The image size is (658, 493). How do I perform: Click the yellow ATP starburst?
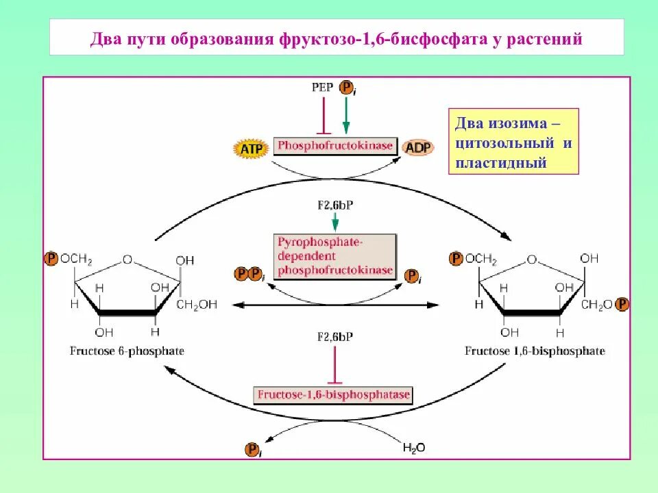tap(248, 147)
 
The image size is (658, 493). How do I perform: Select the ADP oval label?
tap(417, 148)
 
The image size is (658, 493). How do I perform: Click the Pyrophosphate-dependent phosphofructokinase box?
tap(335, 255)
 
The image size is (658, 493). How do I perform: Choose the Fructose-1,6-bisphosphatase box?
tap(333, 395)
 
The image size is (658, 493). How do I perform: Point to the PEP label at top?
tap(322, 88)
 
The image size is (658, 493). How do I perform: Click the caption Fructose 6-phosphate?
tap(127, 351)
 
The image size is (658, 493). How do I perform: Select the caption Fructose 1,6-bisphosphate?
tap(535, 351)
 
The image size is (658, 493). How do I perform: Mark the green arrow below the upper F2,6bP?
tap(335, 220)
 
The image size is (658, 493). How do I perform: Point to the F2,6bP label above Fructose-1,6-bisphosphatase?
tap(334, 337)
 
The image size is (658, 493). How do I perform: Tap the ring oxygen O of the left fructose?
tap(127, 260)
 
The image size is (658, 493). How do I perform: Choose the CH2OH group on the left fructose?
tap(197, 305)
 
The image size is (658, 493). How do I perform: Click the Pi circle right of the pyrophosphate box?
tap(413, 276)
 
